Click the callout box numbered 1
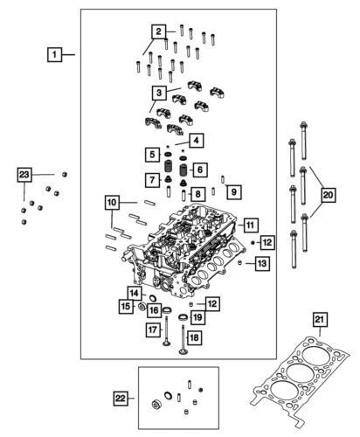[x=54, y=55]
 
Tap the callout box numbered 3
[x=158, y=92]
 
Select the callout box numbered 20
[x=327, y=193]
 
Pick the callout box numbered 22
[x=121, y=400]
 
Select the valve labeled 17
[x=166, y=345]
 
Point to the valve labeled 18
[x=182, y=343]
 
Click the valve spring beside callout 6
[x=183, y=168]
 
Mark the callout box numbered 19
[x=198, y=317]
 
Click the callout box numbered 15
[x=126, y=307]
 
